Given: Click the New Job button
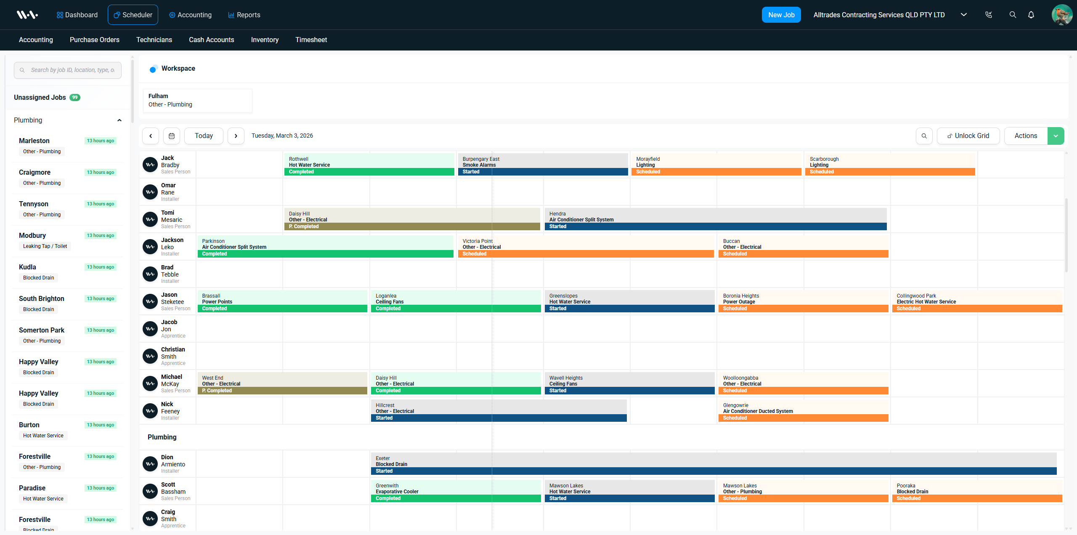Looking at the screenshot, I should click(781, 15).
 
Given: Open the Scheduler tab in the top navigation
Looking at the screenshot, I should click(133, 15).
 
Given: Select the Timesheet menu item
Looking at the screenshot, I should click(311, 40).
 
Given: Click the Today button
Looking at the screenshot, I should click(204, 136).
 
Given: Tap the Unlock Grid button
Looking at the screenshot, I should click(968, 136).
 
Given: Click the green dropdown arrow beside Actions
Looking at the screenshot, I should click(1056, 136).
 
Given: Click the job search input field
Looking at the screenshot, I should click(72, 70).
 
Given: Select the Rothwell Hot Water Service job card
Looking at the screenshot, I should click(369, 165).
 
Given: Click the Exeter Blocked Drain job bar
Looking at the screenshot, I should click(713, 464).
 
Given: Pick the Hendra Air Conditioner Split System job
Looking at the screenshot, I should click(715, 219).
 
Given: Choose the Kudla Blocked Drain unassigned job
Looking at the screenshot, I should click(67, 272).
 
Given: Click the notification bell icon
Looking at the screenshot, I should click(1031, 15).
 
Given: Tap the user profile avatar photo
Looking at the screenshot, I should click(1061, 15).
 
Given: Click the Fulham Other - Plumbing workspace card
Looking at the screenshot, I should click(197, 100).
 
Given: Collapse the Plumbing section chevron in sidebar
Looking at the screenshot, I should click(119, 120).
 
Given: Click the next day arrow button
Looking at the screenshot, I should click(236, 136).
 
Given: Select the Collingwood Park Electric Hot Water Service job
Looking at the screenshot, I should click(977, 301).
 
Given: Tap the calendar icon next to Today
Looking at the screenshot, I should click(172, 136).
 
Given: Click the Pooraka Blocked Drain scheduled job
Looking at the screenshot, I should click(977, 491).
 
